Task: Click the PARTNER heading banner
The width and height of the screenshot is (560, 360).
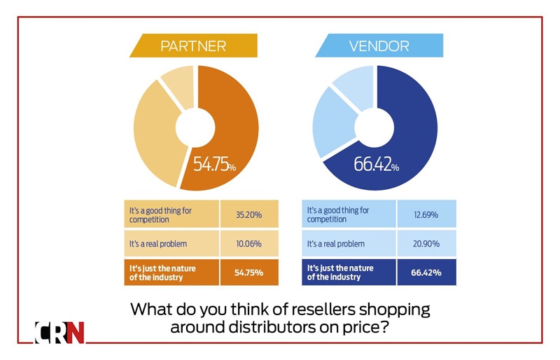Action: coord(193,46)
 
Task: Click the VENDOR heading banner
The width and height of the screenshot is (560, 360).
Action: coord(379,46)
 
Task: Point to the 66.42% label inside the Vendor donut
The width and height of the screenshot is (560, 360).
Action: coord(377,167)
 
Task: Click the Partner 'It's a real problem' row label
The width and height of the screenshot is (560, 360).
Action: coord(163,243)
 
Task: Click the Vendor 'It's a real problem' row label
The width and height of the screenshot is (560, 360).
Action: coord(340,243)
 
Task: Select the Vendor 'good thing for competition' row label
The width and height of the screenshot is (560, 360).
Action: coord(339,214)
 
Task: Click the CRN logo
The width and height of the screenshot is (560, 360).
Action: coord(59,332)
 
